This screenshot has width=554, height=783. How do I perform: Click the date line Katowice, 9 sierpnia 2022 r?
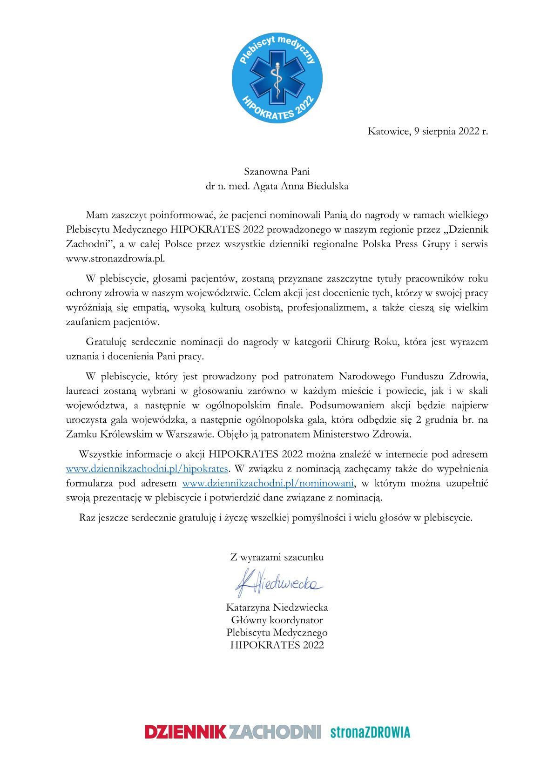[x=427, y=131]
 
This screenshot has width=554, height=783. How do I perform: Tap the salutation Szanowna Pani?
[x=277, y=171]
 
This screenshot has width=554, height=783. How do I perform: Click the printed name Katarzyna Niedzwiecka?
[x=277, y=607]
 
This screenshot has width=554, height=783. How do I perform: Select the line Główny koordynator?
[x=277, y=620]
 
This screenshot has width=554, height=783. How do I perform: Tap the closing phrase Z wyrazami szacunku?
[x=277, y=557]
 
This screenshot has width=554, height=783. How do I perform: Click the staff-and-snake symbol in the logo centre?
[x=277, y=78]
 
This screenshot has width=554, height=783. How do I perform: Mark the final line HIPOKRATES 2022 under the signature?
[x=277, y=645]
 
